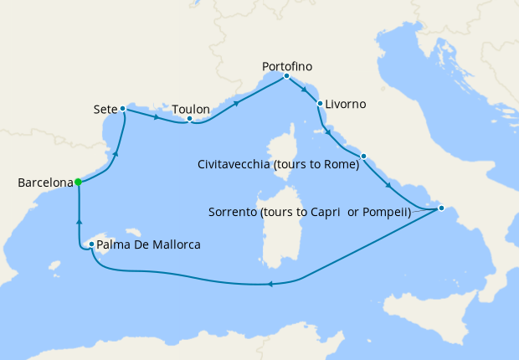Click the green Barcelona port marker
click(x=77, y=182)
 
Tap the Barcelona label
click(x=44, y=182)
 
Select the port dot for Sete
click(x=123, y=109)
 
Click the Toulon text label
click(x=191, y=109)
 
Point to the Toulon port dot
click(x=190, y=119)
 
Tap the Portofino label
click(x=288, y=65)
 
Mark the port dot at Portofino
click(x=286, y=76)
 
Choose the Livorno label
click(x=345, y=105)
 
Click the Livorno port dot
click(x=320, y=104)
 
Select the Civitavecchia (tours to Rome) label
click(x=278, y=165)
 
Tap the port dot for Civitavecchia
click(x=363, y=157)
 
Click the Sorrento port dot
click(x=441, y=208)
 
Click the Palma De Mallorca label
click(x=148, y=245)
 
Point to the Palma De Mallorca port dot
click(x=91, y=244)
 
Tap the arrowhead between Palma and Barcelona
click(x=79, y=222)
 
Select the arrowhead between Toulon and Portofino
click(x=237, y=104)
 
